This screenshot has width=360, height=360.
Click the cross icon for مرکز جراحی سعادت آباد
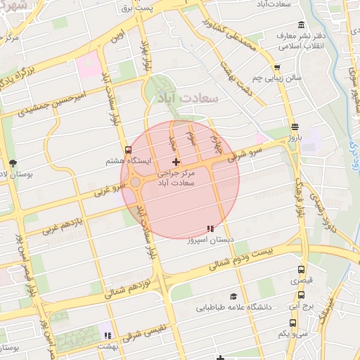tap(176, 162)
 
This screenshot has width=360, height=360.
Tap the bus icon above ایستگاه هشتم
tap(128, 149)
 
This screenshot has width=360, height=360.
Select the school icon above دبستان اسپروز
tap(210, 229)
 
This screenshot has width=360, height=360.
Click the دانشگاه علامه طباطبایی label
tap(236, 307)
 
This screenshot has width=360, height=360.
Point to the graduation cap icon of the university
tap(233, 296)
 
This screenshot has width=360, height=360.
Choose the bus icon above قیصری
tap(302, 269)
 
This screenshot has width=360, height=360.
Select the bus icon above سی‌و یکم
tap(292, 323)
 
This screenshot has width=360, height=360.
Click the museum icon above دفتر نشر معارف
tap(301, 25)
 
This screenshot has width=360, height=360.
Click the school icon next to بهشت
tap(108, 335)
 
